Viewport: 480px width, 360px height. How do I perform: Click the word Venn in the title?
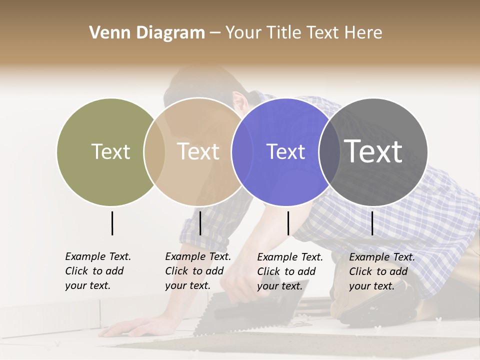click(110, 33)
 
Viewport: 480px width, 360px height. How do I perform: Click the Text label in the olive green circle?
click(110, 151)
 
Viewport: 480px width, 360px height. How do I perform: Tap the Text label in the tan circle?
click(198, 151)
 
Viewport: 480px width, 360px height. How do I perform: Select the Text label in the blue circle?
click(285, 151)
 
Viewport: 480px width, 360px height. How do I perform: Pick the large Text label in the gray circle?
click(373, 151)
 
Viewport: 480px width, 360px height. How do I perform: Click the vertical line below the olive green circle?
click(112, 223)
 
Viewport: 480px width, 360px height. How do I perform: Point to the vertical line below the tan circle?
click(200, 223)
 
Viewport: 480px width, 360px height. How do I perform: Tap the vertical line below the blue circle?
click(288, 223)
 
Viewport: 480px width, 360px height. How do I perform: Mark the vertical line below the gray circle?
click(372, 223)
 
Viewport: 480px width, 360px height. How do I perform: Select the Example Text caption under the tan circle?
click(197, 271)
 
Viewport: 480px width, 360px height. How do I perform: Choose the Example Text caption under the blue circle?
click(289, 271)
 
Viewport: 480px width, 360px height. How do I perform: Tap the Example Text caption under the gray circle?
click(381, 271)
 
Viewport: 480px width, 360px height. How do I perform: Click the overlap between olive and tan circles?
click(154, 151)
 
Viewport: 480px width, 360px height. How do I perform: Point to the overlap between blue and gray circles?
click(329, 151)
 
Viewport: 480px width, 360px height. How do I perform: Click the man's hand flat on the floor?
click(127, 328)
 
